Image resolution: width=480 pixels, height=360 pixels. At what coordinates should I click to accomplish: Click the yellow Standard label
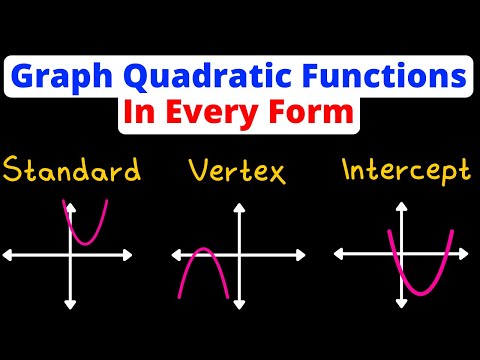coord(71,172)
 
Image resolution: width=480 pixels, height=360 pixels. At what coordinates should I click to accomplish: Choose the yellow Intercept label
coord(405,171)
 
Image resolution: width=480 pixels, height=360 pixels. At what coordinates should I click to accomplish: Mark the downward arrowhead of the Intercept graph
coord(404,302)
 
